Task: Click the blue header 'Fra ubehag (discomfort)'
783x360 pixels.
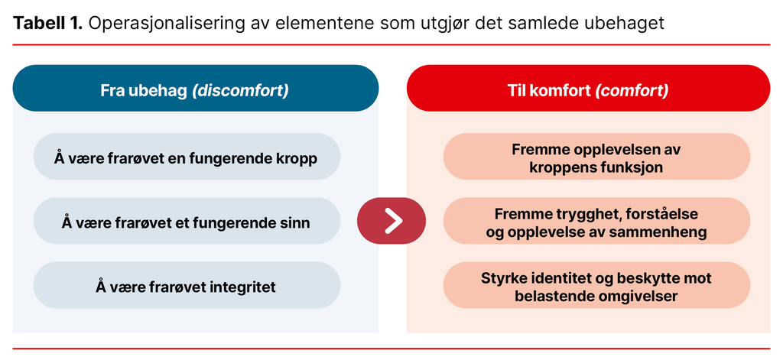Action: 196,89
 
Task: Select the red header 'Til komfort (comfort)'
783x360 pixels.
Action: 588,89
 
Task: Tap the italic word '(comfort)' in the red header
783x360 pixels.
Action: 632,90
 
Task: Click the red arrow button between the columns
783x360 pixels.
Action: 391,221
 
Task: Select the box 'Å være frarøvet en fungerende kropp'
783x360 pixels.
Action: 187,157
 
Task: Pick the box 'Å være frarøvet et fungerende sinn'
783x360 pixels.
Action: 187,222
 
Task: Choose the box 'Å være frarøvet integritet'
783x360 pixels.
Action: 187,287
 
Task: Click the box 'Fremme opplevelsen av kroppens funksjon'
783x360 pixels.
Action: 596,157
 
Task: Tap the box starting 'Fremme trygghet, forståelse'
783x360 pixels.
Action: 596,222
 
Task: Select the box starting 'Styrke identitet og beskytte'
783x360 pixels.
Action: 596,286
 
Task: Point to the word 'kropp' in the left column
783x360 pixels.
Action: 297,158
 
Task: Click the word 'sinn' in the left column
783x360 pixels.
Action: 296,222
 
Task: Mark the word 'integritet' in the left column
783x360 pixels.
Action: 240,287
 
